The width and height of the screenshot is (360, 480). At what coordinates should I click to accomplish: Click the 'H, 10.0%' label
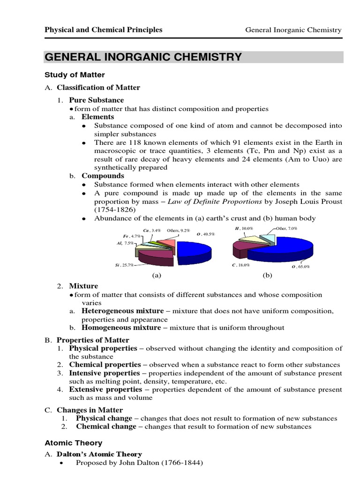point(243,228)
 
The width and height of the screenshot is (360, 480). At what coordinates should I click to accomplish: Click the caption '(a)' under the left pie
point(156,276)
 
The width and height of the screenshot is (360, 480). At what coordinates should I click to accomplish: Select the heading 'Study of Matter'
point(75,75)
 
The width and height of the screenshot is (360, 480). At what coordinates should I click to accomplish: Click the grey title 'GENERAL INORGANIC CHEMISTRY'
point(143,57)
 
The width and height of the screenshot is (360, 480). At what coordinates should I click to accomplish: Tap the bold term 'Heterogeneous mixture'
point(123,311)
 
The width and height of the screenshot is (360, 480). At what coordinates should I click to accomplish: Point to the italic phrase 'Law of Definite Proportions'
point(222,202)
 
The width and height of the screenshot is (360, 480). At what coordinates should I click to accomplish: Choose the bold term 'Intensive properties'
point(105,373)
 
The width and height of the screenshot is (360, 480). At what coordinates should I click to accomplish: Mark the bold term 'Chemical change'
point(106,427)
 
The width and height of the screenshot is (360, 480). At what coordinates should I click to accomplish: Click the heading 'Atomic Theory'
point(73,442)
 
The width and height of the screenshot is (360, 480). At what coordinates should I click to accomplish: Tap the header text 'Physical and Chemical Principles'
point(103,30)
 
